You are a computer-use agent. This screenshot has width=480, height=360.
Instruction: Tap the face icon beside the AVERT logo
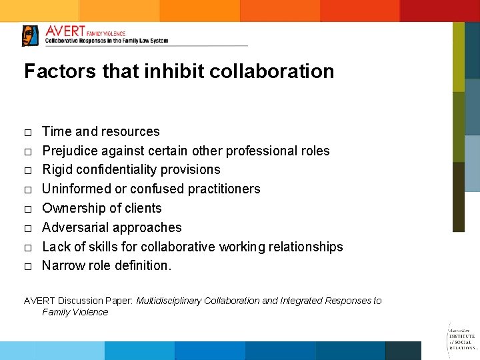[x=30, y=35]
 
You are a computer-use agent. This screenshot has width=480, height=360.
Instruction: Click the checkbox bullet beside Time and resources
[x=28, y=132]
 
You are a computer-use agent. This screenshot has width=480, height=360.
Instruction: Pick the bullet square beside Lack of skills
[x=28, y=247]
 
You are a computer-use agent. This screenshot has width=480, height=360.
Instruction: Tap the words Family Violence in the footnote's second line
[x=75, y=312]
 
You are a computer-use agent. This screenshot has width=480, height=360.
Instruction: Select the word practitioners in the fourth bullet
[x=224, y=189]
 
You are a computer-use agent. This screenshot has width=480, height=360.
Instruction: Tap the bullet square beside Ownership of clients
[x=28, y=209]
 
